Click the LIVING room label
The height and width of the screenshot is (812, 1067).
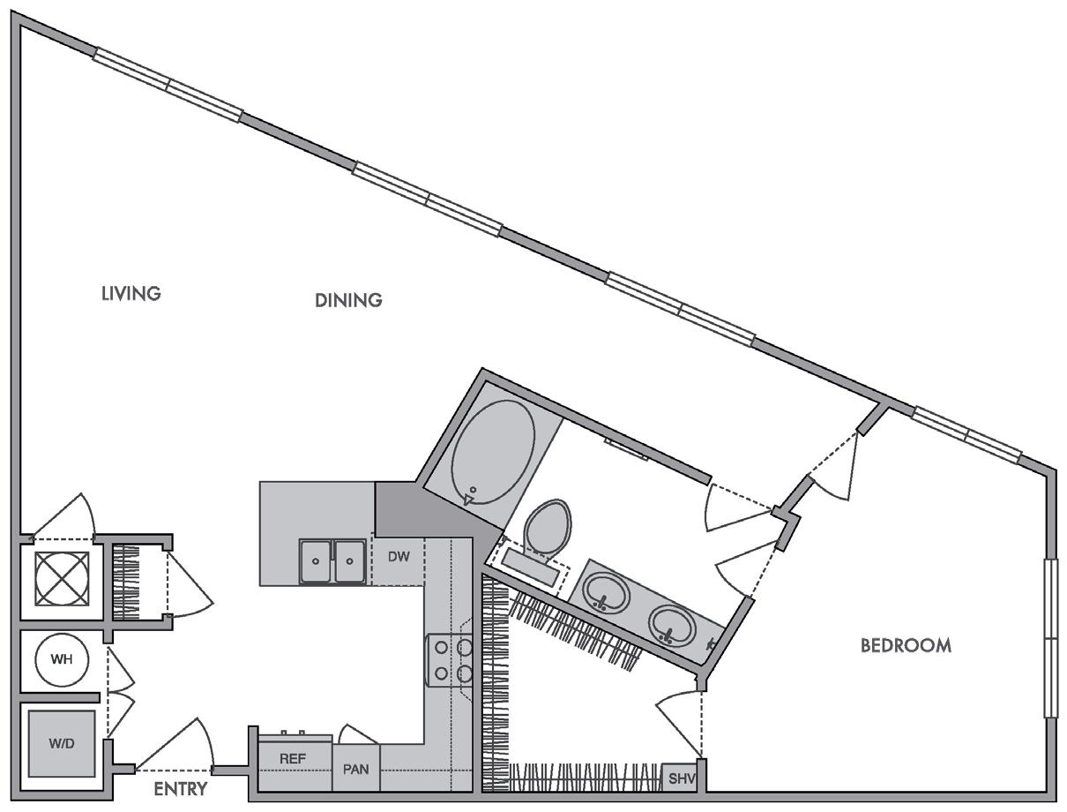point(131,293)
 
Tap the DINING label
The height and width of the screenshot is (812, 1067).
point(348,300)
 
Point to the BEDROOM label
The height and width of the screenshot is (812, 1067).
point(906,645)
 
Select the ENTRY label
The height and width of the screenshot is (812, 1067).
point(180,788)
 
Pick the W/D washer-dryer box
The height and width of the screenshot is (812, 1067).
point(61,742)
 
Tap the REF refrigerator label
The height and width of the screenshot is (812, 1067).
point(292,758)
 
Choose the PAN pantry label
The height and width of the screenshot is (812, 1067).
point(356,769)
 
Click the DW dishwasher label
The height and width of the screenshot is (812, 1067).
point(399,557)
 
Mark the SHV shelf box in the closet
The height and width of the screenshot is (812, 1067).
point(682,778)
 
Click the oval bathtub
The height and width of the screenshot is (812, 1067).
point(494,452)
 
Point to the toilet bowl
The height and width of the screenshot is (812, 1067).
point(547,527)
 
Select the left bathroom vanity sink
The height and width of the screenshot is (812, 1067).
point(604,591)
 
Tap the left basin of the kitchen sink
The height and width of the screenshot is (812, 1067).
point(316,561)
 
